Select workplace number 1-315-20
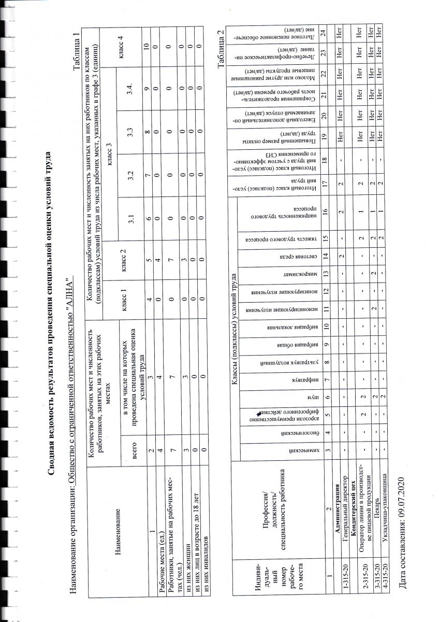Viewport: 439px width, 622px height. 345,599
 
